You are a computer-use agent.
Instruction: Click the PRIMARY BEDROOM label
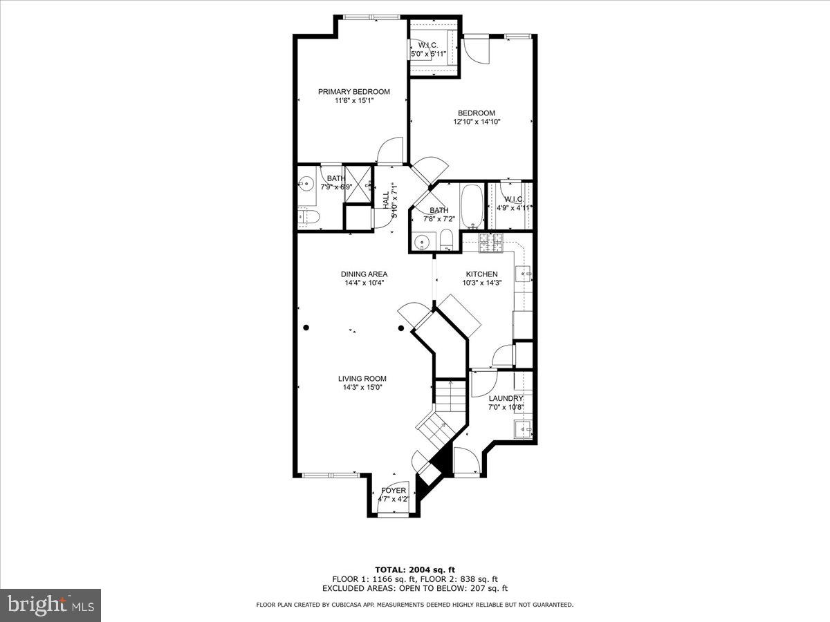pos(353,92)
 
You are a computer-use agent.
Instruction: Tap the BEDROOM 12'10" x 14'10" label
pos(476,113)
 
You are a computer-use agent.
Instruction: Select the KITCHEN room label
pos(481,274)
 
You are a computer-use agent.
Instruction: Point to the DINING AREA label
pos(364,274)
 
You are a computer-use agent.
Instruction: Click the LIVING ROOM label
pos(362,379)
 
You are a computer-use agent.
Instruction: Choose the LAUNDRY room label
pos(506,399)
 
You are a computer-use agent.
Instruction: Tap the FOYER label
pos(394,491)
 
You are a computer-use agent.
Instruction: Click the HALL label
pos(386,200)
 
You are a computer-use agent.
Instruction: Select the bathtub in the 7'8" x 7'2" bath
pos(472,206)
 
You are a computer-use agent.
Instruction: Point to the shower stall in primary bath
pos(358,184)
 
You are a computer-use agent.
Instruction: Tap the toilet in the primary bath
pos(308,218)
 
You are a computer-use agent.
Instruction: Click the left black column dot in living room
pos(306,328)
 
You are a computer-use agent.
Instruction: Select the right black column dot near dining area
pos(401,328)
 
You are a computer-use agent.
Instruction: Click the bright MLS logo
pos(50,605)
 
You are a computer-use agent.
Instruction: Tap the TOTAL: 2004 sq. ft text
pos(414,569)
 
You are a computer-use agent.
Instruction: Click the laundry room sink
pos(524,429)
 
